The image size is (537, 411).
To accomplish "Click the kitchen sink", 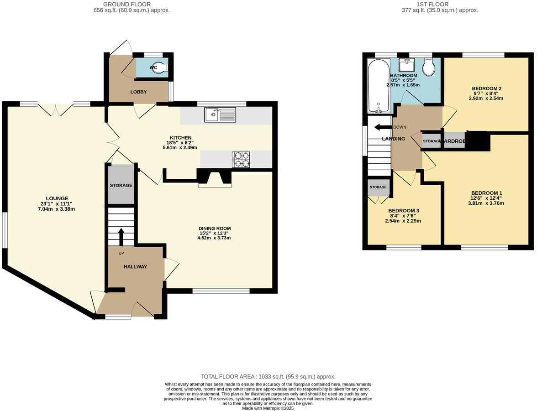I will pos(220,115).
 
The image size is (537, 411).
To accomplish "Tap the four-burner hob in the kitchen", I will pos(241,160).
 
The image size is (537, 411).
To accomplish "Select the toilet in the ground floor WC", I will pos(162,68).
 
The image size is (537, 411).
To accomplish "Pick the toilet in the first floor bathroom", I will pos(429,67).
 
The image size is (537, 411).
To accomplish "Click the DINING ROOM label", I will pos(215,229).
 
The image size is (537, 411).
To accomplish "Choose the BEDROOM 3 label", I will pos(404,211).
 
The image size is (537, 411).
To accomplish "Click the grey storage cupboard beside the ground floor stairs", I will pos(121,185).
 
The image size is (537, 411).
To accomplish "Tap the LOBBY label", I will pos(139,92).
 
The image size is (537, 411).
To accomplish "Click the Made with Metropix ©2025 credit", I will pos(268,408).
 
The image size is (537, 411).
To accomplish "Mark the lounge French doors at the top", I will pos(56,109).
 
